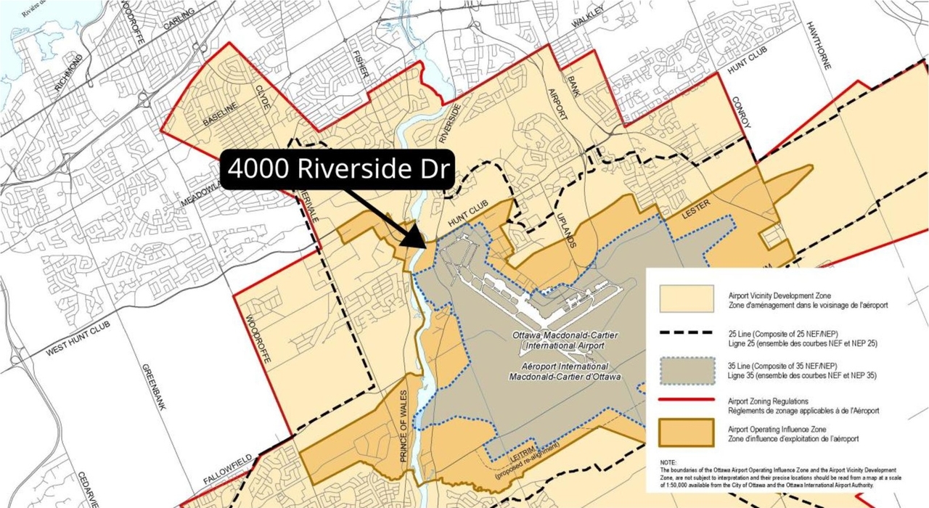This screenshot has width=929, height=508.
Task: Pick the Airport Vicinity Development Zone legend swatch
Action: coord(686,298)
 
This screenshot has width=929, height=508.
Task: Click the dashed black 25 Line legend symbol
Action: coord(686,334)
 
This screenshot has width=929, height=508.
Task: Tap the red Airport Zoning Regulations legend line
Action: coord(686,401)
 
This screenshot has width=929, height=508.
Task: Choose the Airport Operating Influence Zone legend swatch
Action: coord(686,433)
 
